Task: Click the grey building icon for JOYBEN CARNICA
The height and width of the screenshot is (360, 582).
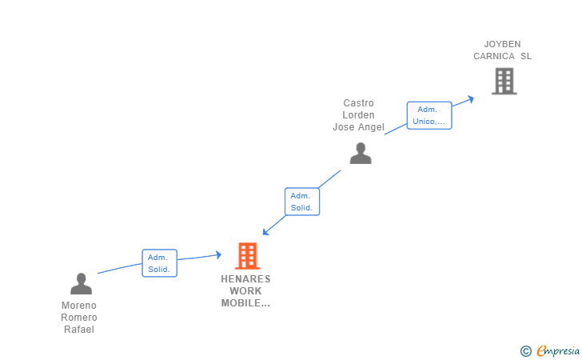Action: tap(504, 81)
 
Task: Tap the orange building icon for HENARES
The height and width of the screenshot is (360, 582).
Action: tap(248, 256)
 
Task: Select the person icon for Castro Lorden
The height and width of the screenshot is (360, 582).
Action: tap(361, 153)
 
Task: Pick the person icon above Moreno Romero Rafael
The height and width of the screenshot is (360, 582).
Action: tap(81, 283)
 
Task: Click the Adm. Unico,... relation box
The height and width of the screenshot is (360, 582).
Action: tap(429, 115)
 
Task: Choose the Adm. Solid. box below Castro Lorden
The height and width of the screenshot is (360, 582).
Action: tap(302, 202)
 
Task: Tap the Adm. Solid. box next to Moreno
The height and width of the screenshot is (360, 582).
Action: tap(159, 263)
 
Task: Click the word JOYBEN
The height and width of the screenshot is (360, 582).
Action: tap(502, 44)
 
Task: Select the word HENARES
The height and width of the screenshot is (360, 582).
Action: tap(246, 279)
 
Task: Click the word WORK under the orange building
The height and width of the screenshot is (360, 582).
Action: tap(245, 291)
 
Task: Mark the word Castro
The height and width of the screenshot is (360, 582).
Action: tap(358, 103)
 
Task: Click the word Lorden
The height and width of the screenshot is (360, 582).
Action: tap(358, 115)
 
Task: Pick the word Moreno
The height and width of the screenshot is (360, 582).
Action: tap(79, 306)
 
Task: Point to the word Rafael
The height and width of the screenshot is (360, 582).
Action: tap(79, 330)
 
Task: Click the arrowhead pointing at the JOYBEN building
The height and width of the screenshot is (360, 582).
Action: tap(471, 98)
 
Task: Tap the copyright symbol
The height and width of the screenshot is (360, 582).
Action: tap(525, 350)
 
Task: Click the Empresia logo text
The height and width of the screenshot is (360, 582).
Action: tap(557, 350)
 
